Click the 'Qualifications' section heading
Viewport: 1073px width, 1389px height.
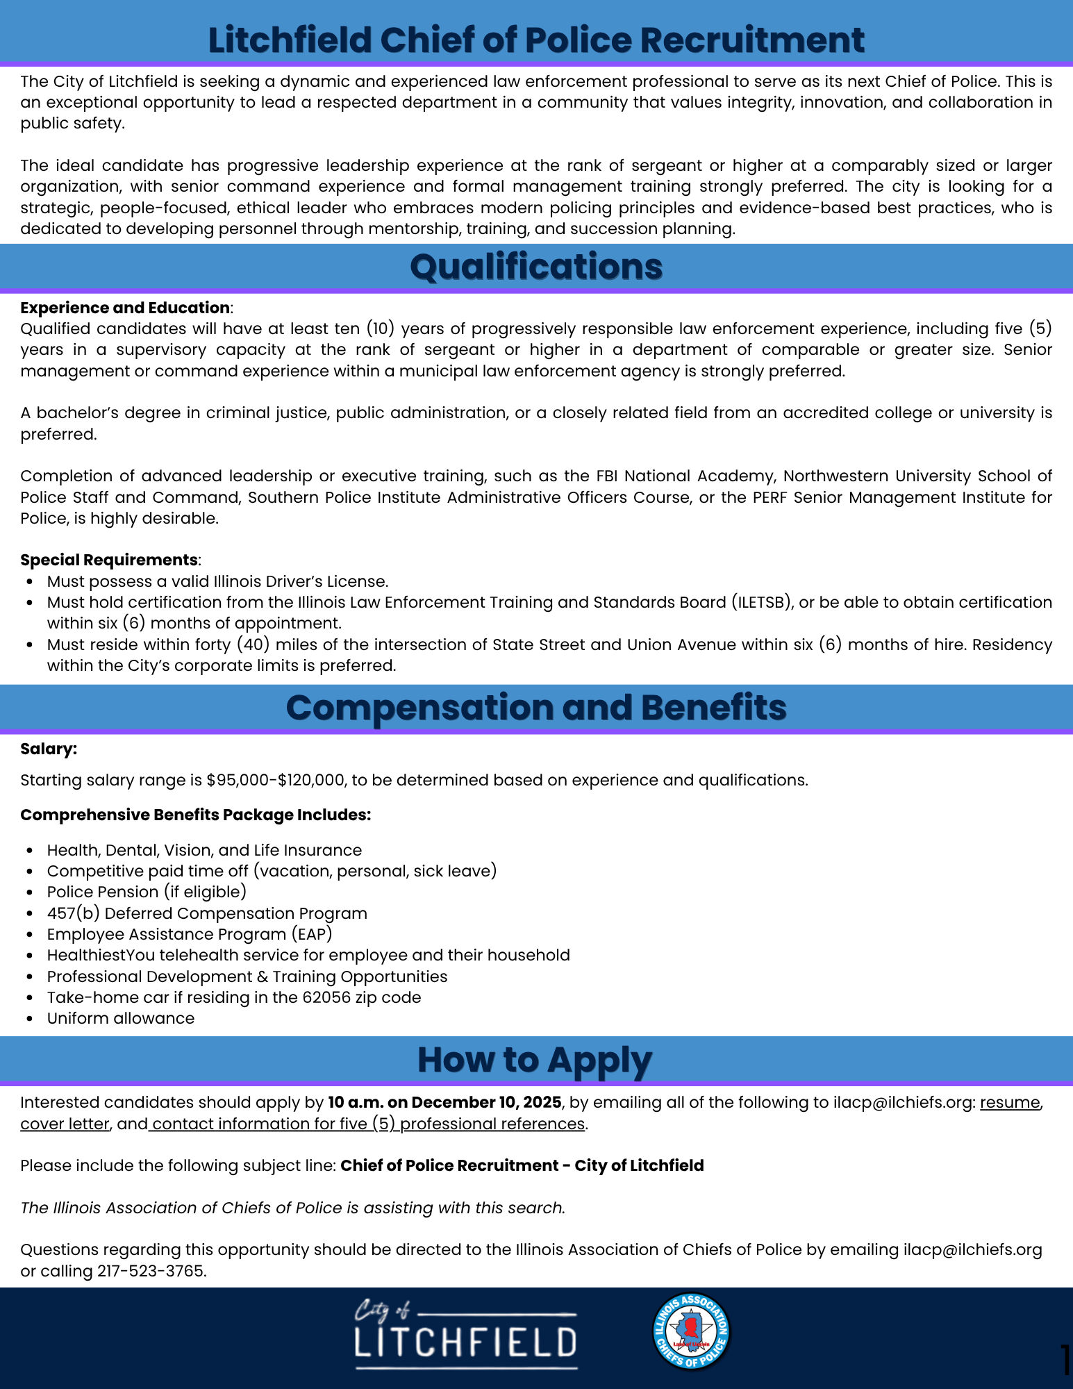[x=536, y=267]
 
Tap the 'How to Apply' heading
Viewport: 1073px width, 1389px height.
[x=535, y=1061]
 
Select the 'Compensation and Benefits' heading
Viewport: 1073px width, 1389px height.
[x=536, y=708]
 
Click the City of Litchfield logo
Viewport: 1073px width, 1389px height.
[x=465, y=1334]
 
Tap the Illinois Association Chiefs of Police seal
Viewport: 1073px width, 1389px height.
[x=691, y=1331]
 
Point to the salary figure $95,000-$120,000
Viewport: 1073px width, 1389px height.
[x=276, y=780]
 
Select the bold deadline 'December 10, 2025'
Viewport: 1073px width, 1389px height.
[x=486, y=1102]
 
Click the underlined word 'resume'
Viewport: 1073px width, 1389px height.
[x=1010, y=1102]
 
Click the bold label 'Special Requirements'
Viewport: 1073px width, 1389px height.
[x=109, y=560]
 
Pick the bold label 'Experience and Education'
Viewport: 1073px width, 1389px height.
[x=125, y=308]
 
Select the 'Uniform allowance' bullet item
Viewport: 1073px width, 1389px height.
[x=121, y=1018]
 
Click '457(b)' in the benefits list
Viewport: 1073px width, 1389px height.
[x=73, y=913]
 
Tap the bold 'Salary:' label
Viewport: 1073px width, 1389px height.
[x=49, y=749]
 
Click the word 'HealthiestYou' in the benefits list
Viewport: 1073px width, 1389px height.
[x=101, y=955]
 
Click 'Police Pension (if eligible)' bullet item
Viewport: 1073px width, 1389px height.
[x=147, y=892]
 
